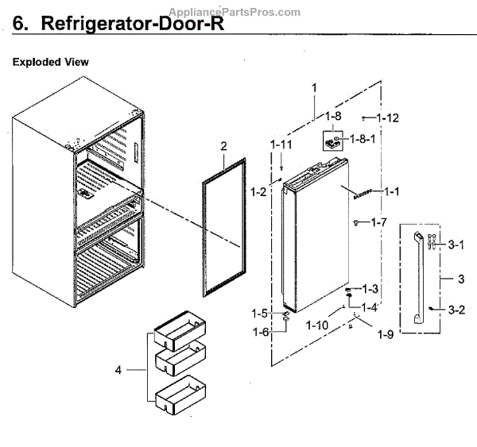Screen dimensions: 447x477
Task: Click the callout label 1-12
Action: tap(388, 118)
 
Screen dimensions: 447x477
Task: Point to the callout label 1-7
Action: tap(379, 222)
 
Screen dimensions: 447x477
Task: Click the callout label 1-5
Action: tap(261, 313)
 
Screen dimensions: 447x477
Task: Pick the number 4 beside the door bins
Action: tap(119, 370)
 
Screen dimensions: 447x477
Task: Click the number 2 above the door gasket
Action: tap(224, 146)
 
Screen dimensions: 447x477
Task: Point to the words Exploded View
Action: tap(50, 62)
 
